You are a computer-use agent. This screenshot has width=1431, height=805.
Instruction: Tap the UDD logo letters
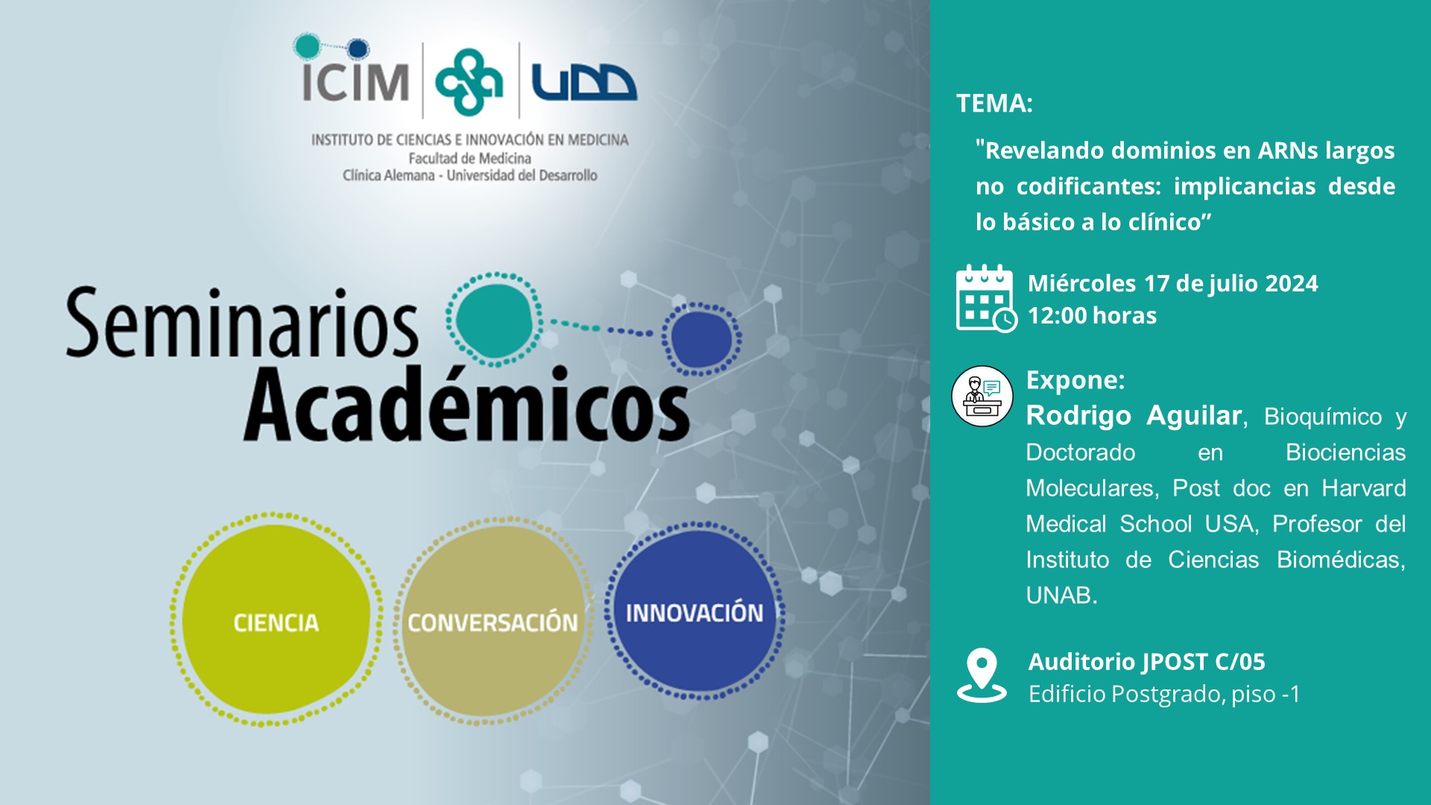pos(584,82)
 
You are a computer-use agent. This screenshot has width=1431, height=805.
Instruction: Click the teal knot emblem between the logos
pos(469,81)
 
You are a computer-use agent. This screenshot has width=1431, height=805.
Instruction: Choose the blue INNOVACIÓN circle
pos(695,611)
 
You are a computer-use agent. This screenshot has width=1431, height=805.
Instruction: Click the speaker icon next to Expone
pos(982,396)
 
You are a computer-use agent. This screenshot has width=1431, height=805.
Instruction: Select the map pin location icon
pos(982,675)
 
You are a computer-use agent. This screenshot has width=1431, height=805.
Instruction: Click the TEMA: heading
pos(994,103)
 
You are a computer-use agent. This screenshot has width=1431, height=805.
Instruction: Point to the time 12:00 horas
pos(1092,315)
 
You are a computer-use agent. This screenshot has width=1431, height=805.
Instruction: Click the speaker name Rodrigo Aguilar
pos(1134,415)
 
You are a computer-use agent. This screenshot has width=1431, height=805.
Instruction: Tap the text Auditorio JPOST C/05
pos(1146,661)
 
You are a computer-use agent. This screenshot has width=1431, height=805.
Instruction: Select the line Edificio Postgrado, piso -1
pos(1164,694)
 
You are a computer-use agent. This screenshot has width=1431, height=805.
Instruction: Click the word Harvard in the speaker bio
pos(1364,488)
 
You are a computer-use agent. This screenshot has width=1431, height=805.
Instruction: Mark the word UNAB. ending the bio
pos(1061,596)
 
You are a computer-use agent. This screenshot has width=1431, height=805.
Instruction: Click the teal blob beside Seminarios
pos(494,319)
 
